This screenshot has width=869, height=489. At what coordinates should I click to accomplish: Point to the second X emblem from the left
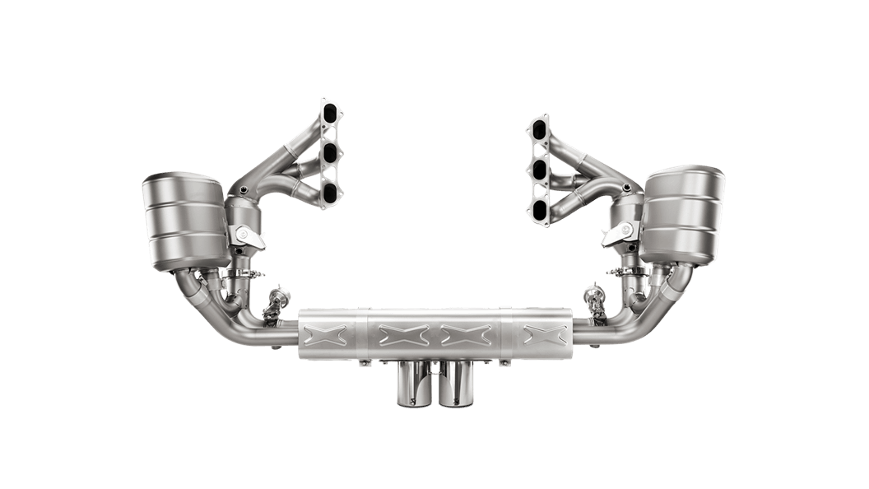[x=399, y=333]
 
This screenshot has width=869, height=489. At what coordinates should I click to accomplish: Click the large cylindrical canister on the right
[x=685, y=214]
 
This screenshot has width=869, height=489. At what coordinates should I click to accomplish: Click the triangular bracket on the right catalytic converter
[x=618, y=236]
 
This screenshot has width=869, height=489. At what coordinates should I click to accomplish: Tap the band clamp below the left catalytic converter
[x=242, y=272]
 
